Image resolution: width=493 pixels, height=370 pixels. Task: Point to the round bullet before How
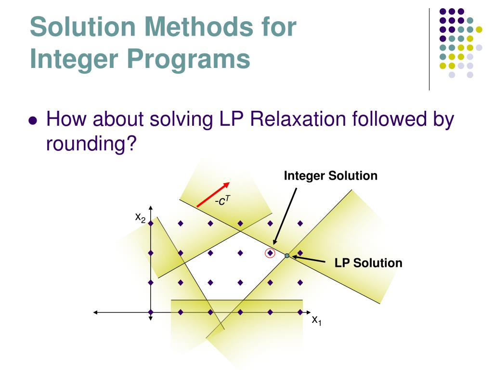[x=33, y=121]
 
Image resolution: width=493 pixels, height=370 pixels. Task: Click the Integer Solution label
[x=330, y=176]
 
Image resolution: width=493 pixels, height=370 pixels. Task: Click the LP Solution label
[x=368, y=263]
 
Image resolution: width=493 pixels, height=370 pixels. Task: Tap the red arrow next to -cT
[x=213, y=195]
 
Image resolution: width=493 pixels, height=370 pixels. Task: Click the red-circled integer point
[x=270, y=252]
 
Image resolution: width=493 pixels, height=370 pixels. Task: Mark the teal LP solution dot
[x=287, y=256]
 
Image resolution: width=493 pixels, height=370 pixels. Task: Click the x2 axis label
[x=140, y=218]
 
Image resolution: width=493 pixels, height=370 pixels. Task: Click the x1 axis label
[x=316, y=320]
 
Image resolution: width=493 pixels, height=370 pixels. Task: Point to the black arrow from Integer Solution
[x=285, y=216]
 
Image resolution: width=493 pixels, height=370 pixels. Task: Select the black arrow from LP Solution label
[x=308, y=260]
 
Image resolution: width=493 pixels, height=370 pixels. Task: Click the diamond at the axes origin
[x=151, y=312]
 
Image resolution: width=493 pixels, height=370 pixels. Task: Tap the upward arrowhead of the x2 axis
[x=151, y=208]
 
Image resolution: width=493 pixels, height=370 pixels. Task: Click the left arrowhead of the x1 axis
[x=96, y=312]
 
